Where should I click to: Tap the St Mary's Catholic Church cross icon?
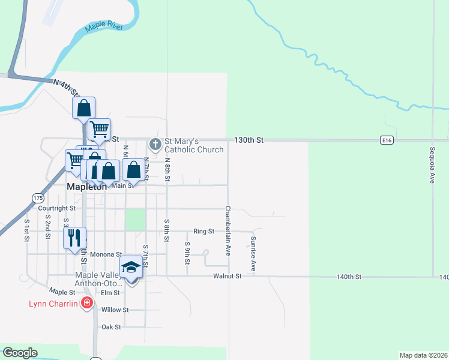coord(155,144)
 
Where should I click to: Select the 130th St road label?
coord(249,140)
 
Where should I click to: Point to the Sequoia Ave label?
coord(432,164)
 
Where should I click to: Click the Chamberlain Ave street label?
coord(228,230)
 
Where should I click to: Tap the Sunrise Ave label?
coord(253,253)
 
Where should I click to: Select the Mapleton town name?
coord(86,187)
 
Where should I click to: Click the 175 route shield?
coord(38,197)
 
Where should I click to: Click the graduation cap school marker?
coord(131,267)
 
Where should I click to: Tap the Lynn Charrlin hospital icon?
coord(87,303)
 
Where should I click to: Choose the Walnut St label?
coord(227,276)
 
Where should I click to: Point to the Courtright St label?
coord(56,208)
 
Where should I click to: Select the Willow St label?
coord(115,310)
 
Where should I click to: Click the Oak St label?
coord(112,327)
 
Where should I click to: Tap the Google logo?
coord(20,353)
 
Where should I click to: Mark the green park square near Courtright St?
coord(135,220)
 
